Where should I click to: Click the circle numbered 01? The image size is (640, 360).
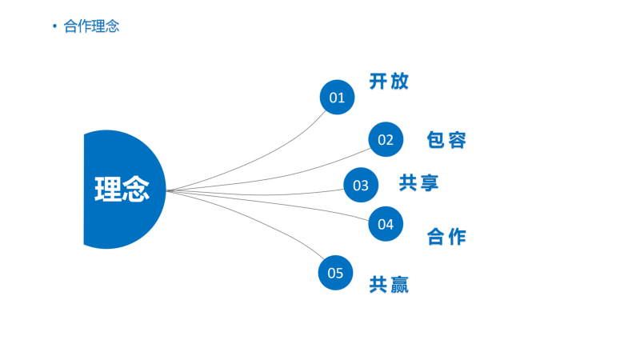337,97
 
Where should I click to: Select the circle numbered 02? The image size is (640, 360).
386,139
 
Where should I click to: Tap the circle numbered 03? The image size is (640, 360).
361,185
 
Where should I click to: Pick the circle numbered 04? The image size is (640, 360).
386,224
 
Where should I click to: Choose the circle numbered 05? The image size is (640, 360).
335,273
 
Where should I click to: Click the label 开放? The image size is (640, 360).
389,82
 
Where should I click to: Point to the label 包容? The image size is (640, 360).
446,140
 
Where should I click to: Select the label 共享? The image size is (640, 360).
418,182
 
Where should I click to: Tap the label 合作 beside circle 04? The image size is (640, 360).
446,237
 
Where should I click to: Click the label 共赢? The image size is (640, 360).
389,285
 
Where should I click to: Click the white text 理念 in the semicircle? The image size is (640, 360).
122,189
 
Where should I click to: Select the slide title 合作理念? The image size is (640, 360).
91,26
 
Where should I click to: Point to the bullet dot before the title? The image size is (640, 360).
54,26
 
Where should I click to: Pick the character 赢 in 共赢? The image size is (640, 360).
399,285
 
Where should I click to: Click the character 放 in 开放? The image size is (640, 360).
399,82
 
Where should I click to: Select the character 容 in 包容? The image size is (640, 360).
457,140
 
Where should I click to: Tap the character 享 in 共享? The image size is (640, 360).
430,182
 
